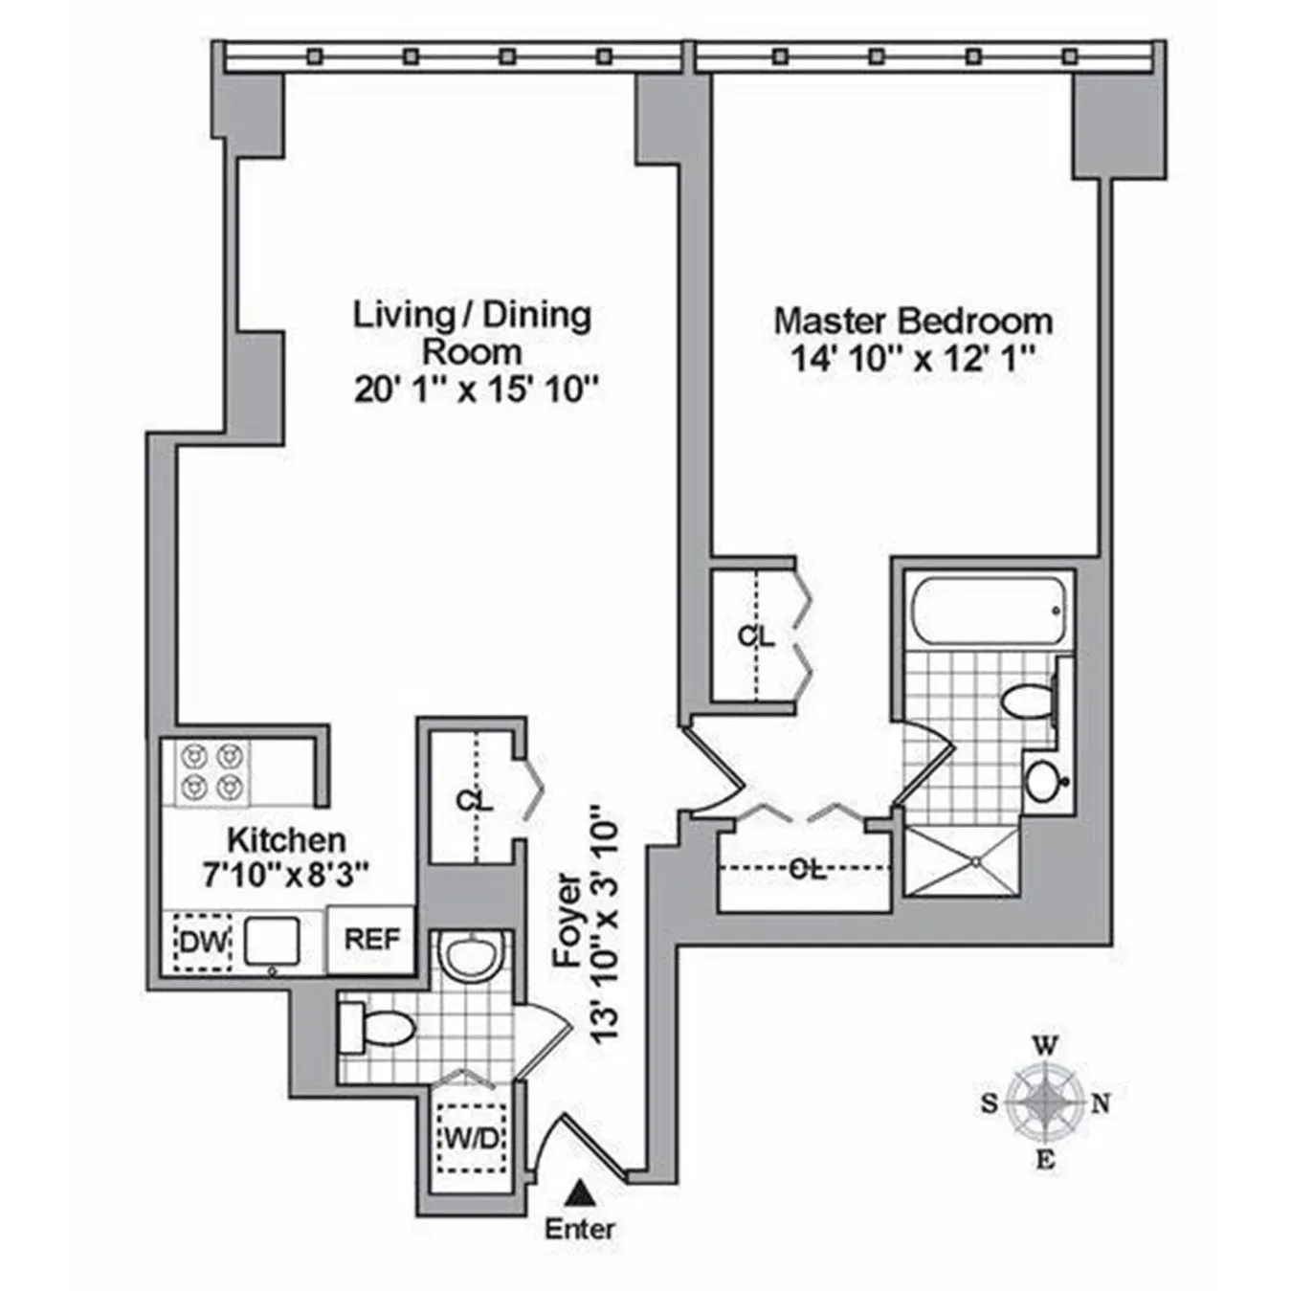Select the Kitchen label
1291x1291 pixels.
coord(286,840)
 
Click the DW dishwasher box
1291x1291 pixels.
coord(203,942)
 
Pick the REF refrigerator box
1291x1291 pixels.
coord(371,940)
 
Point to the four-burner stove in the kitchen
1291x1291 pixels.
coord(211,772)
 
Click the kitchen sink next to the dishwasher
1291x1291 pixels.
coord(272,941)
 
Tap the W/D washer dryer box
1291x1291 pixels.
coord(472,1139)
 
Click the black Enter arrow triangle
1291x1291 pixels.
coord(577,1192)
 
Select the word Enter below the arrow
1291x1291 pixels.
coord(580,1229)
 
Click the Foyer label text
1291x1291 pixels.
coord(568,919)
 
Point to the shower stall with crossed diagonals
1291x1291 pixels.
coord(962,861)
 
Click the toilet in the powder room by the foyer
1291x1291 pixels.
coord(378,1027)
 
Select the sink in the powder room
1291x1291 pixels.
coord(471,953)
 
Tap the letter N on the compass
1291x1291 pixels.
coord(1101,1104)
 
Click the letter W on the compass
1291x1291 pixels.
coord(1046,1045)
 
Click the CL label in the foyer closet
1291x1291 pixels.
coord(475,800)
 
